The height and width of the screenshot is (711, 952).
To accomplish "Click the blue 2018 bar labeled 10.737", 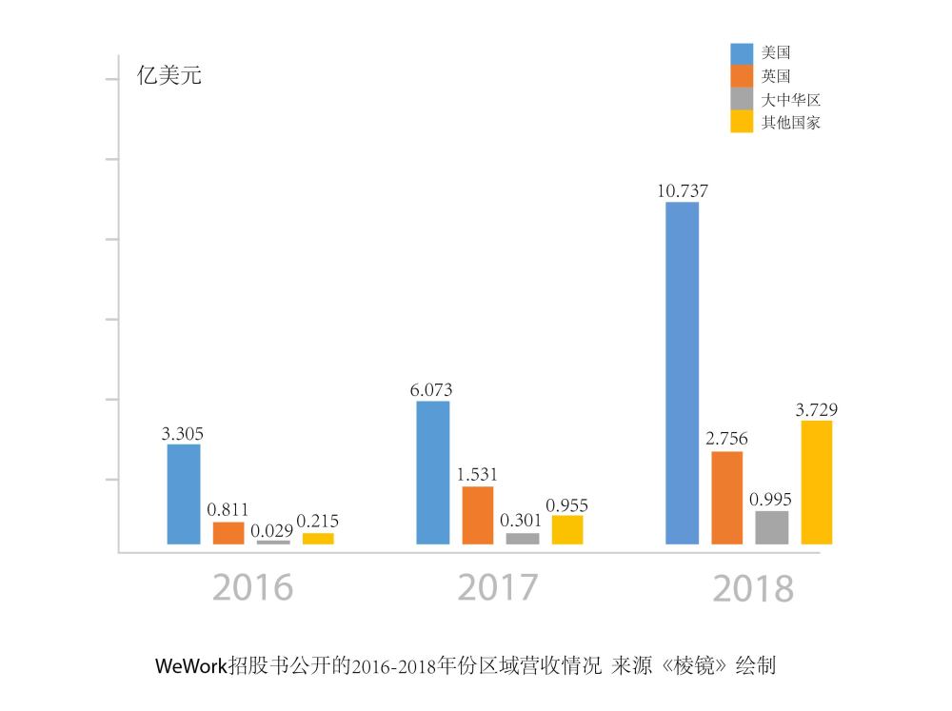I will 682,373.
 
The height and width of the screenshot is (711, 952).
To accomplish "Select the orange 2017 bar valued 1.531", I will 478,515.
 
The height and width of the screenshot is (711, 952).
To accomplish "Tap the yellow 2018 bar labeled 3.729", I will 817,482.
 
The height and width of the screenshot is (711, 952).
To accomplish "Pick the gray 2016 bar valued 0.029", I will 273,542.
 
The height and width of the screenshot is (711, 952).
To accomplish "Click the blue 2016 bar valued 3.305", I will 184,494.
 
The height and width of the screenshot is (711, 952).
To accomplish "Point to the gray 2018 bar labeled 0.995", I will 772,527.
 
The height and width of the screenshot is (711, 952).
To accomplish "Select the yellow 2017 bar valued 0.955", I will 567,529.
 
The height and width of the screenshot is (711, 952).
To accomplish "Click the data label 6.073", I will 432,389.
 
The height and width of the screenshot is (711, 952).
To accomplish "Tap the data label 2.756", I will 726,439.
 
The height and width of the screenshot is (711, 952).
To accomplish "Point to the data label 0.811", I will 228,510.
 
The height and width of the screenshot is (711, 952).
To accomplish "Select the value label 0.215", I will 318,521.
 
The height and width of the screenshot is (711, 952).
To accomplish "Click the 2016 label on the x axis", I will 252,587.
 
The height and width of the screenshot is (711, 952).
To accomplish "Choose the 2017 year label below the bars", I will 497,587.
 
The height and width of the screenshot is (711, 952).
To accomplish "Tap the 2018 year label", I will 752,589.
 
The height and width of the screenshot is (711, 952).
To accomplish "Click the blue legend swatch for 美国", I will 742,52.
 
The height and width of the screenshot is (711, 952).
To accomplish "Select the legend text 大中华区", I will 791,99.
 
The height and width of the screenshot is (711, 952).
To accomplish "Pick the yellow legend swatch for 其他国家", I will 742,122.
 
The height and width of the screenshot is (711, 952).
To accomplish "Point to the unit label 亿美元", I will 169,76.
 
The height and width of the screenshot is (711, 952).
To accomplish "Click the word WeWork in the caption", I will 191,665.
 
